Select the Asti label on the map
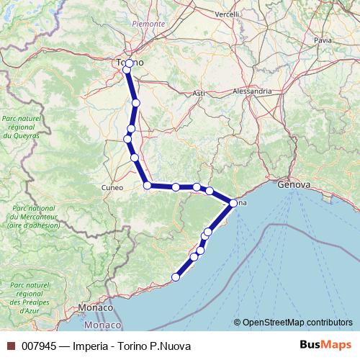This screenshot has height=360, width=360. [199, 94]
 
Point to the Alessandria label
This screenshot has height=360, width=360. [252, 91]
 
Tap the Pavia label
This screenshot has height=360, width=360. [323, 41]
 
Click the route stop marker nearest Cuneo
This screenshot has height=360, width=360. [148, 186]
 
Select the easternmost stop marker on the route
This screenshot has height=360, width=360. [233, 204]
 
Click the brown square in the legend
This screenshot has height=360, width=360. [11, 346]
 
